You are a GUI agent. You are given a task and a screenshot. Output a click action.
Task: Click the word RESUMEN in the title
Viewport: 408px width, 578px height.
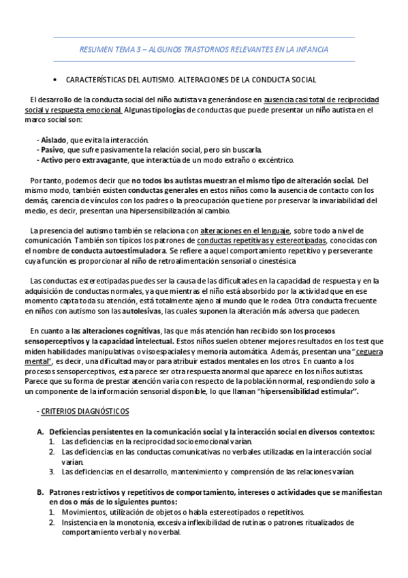96,50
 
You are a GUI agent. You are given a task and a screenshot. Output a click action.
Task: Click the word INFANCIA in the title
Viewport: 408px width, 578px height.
309,50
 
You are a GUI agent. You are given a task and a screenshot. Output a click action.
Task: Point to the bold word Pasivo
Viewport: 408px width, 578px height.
52,150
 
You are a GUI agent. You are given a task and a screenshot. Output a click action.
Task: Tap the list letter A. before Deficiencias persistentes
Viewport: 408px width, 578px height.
40,431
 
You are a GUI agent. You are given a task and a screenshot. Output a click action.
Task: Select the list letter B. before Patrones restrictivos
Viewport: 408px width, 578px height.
40,492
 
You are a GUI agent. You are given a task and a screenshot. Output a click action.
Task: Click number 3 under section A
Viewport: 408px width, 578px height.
52,472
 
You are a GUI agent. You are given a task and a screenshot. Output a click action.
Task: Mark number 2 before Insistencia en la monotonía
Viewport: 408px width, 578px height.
52,522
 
